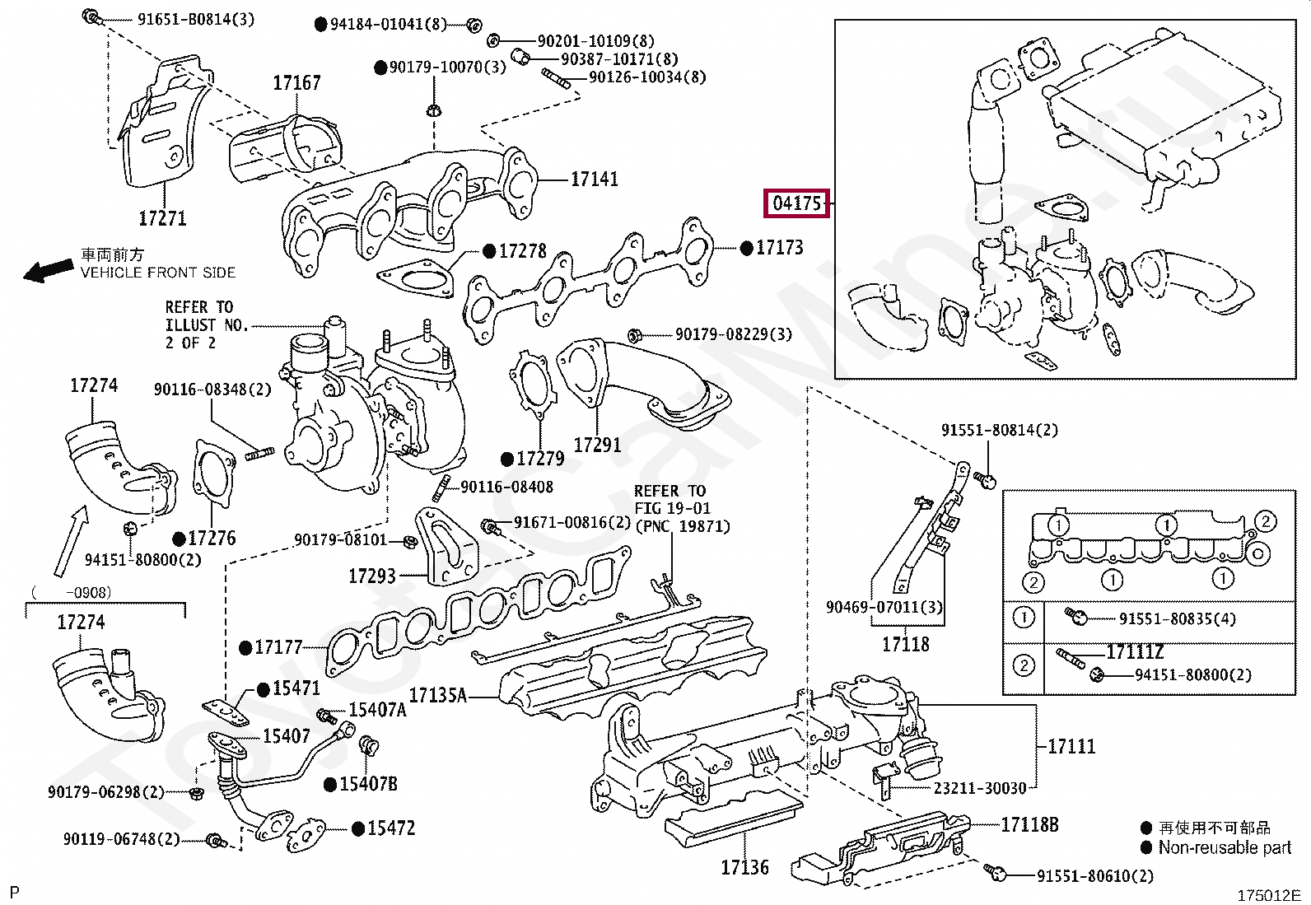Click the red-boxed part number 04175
click(x=797, y=203)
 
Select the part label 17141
click(x=594, y=179)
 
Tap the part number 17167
click(x=296, y=83)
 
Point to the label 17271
click(x=162, y=218)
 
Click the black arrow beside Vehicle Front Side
click(x=48, y=270)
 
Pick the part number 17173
click(x=779, y=247)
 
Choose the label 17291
click(x=597, y=445)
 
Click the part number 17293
click(x=372, y=576)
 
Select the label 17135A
click(x=437, y=696)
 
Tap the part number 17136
click(x=744, y=867)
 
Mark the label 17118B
click(x=1029, y=824)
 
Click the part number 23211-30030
click(x=980, y=788)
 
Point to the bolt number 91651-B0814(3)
click(x=196, y=19)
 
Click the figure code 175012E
click(x=1268, y=895)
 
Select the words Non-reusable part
click(x=1225, y=847)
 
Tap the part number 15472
click(x=391, y=828)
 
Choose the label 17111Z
click(x=1135, y=652)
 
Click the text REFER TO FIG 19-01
click(x=671, y=500)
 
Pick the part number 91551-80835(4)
click(x=1177, y=618)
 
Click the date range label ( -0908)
click(x=71, y=592)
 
